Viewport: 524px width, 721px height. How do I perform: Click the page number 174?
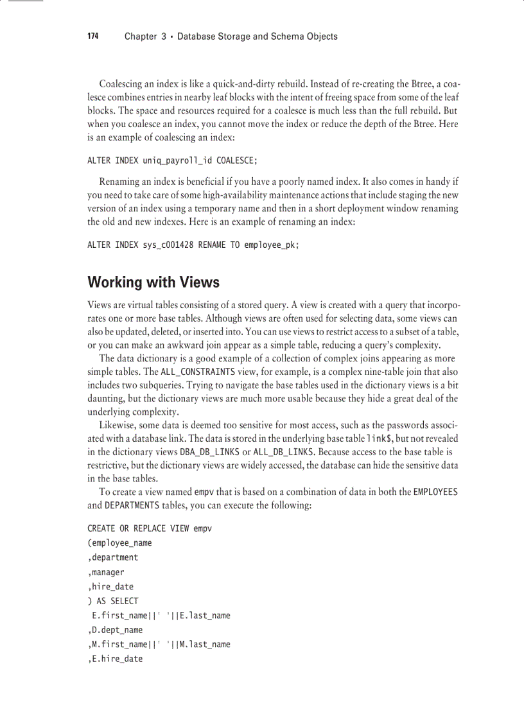tap(93, 37)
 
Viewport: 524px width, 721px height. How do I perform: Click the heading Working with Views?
tap(153, 282)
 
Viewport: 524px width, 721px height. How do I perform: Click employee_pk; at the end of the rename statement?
tap(272, 245)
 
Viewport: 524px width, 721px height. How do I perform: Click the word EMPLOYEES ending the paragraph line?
tap(435, 492)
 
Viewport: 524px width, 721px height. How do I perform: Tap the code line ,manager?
tap(106, 572)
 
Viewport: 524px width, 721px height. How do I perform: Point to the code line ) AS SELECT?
tap(113, 601)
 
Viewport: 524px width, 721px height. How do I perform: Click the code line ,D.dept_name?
tap(115, 630)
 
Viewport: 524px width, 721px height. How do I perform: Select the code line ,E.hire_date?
tap(115, 659)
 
